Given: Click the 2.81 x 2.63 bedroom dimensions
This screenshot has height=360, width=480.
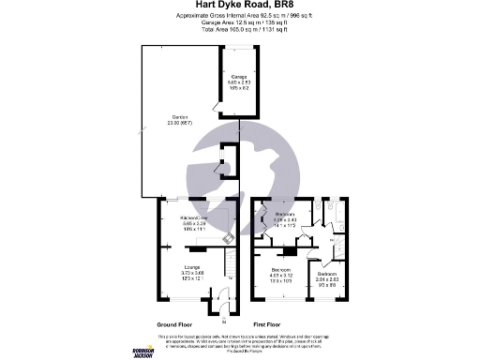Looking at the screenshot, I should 326,279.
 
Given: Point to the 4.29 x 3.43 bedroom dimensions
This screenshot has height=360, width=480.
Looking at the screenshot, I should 283,221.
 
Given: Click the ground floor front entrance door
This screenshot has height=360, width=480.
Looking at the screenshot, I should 220,307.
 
